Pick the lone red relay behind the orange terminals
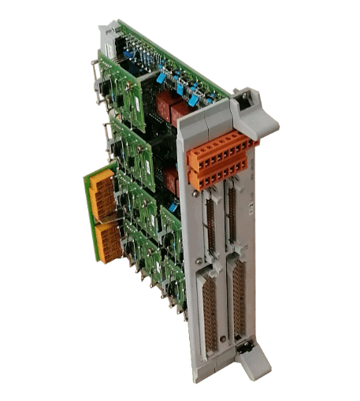click(172, 182)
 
